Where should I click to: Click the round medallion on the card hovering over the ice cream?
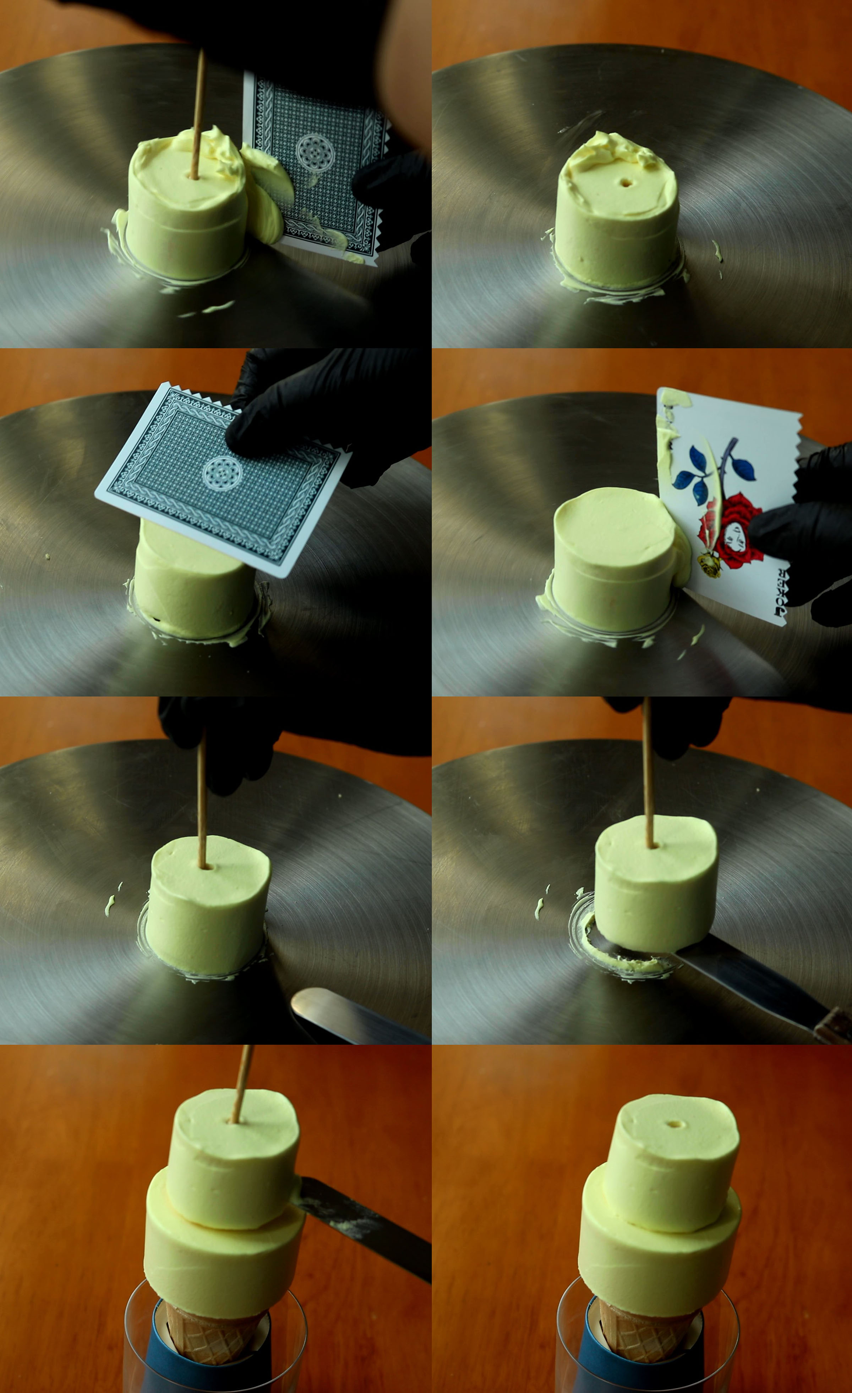pos(222,473)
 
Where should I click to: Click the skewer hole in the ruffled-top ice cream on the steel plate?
pos(626,183)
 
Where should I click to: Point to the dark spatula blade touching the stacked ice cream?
pos(362,1227)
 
